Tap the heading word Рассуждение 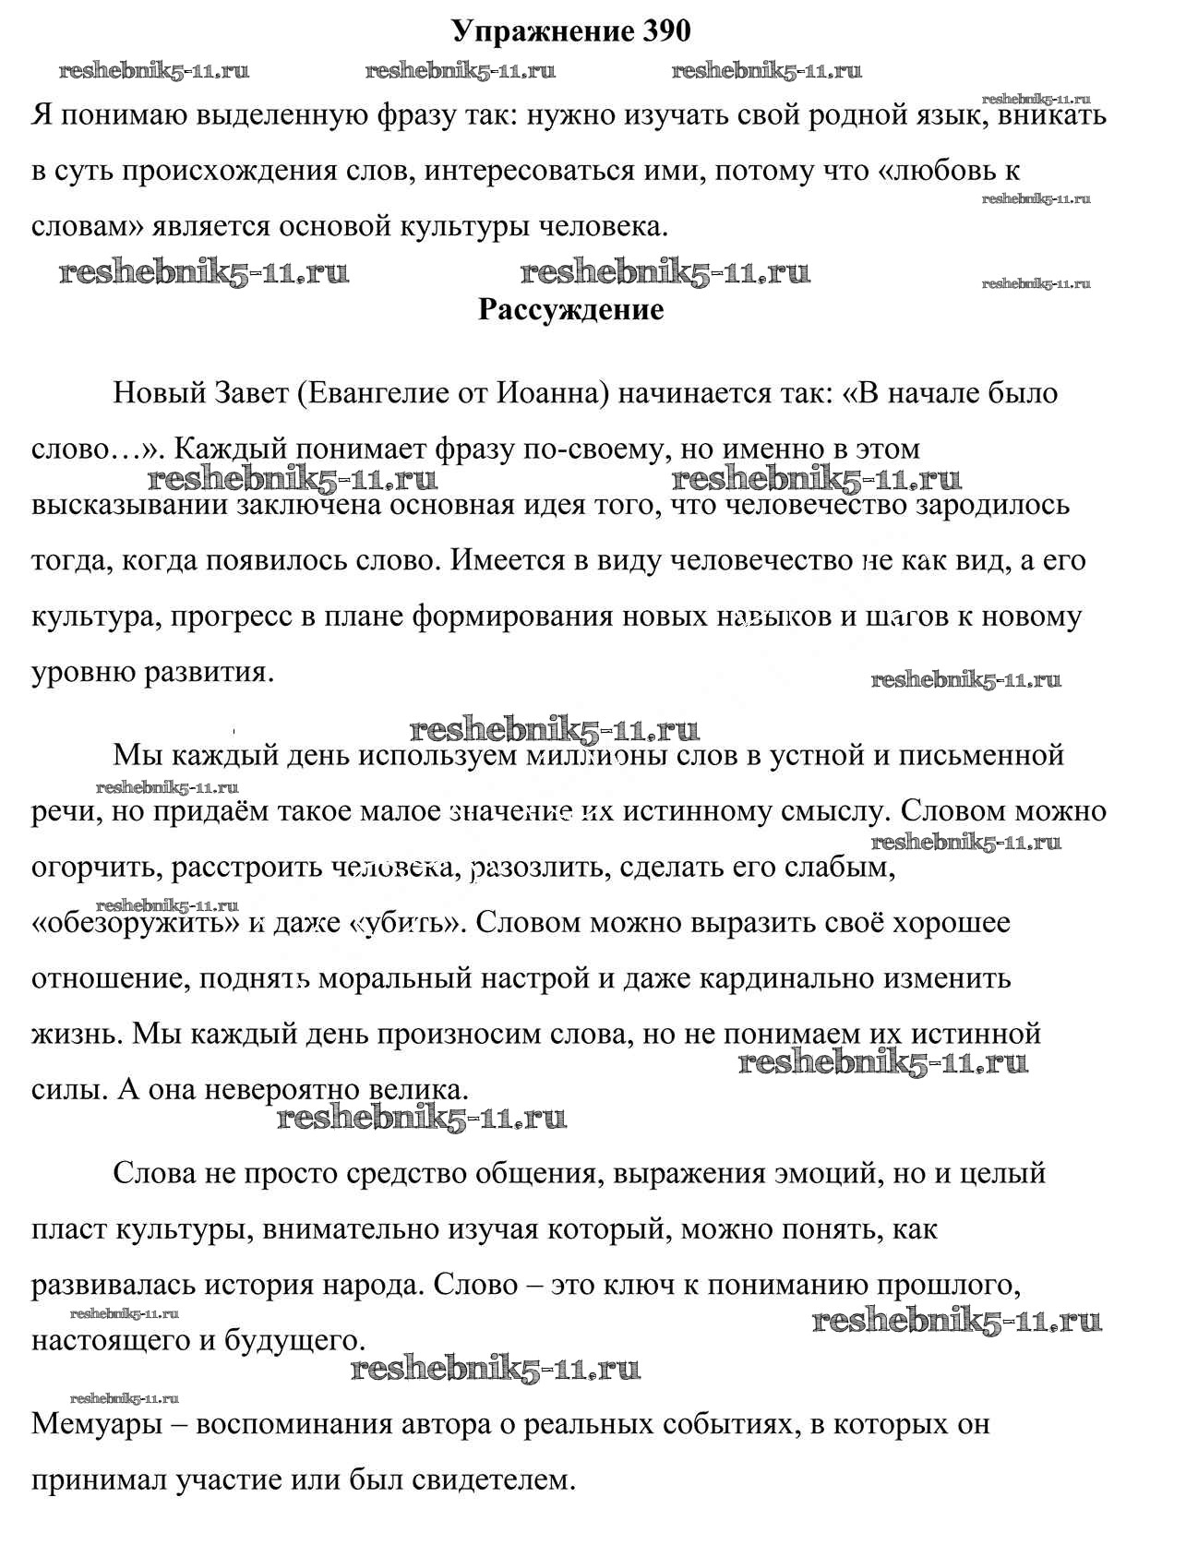[570, 309]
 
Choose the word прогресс [234, 616]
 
